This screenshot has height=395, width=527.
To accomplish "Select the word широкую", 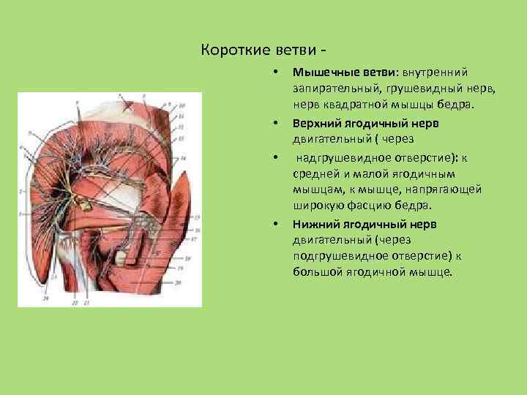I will (318, 206).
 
